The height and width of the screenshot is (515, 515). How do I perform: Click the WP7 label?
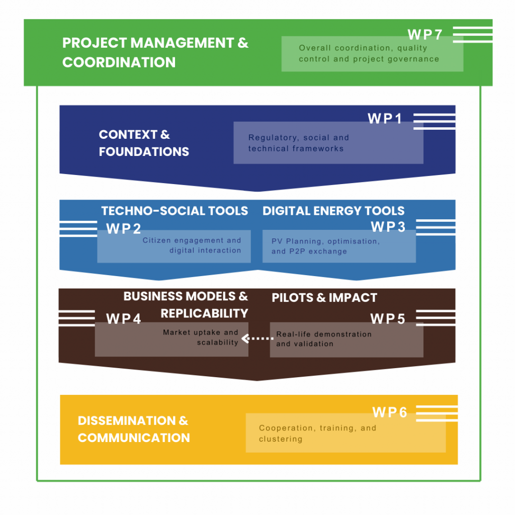[x=425, y=35]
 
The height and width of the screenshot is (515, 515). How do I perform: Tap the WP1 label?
[x=385, y=119]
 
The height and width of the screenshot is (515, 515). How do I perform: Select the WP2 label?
[x=124, y=228]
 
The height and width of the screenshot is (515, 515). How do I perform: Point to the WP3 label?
[x=388, y=227]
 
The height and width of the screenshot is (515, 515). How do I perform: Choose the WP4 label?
[x=124, y=319]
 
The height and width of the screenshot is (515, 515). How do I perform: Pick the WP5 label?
[x=388, y=319]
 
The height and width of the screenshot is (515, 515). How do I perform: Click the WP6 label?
[x=390, y=412]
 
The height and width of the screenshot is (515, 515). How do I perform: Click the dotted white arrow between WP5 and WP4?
[x=257, y=338]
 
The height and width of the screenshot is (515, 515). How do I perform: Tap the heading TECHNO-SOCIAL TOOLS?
[x=175, y=211]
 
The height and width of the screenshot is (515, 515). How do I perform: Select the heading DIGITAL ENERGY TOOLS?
[x=333, y=211]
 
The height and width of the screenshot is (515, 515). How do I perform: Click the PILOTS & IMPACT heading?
[x=324, y=298]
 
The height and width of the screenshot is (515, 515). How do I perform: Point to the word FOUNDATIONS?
[x=144, y=151]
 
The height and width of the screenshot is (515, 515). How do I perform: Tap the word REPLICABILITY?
[x=204, y=313]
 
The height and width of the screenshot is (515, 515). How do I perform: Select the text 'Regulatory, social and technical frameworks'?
[x=298, y=143]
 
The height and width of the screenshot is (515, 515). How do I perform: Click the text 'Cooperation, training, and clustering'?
[x=317, y=434]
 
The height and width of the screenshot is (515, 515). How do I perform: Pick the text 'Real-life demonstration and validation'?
[x=324, y=339]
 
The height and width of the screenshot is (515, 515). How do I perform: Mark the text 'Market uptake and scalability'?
[x=201, y=337]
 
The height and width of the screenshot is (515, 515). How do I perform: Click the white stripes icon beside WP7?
[x=472, y=35]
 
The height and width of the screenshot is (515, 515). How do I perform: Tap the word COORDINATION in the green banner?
[x=119, y=62]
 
